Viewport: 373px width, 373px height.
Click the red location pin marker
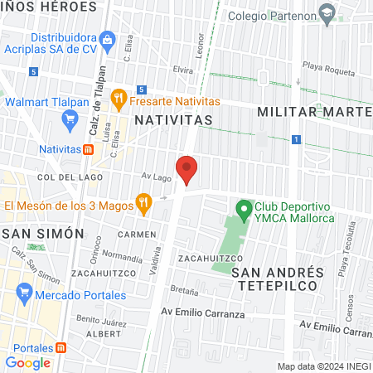(x=187, y=168)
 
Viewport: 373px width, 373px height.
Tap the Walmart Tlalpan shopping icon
(x=70, y=120)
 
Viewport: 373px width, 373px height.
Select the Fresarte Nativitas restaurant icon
(x=119, y=99)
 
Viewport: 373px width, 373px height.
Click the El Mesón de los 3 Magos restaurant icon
(x=144, y=202)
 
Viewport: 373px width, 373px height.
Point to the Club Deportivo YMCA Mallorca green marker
(x=244, y=210)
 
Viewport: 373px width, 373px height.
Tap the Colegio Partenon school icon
(x=329, y=14)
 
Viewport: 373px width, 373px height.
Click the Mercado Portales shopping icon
(x=23, y=293)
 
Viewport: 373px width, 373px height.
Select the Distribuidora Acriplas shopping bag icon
(x=106, y=39)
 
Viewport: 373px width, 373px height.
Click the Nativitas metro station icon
(x=87, y=149)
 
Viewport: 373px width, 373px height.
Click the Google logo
(x=27, y=362)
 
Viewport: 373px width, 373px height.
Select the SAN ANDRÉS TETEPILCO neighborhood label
(x=275, y=279)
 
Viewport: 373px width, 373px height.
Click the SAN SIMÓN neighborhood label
(x=43, y=234)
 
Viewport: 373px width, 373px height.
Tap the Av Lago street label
(x=155, y=177)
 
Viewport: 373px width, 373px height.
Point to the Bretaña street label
(x=185, y=292)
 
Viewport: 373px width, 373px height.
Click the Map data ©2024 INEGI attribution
(x=323, y=366)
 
